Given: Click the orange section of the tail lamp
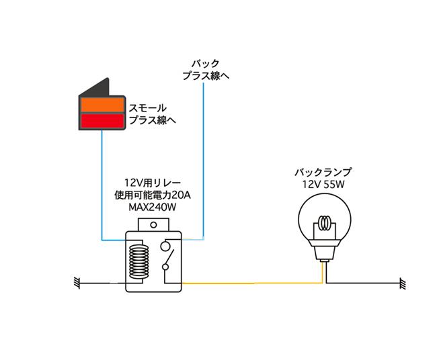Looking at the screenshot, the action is coord(102,105).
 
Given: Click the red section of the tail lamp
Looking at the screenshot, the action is coord(102,120).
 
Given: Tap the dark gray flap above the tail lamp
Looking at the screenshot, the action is coord(95,87).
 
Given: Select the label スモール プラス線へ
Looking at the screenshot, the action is coord(152,114).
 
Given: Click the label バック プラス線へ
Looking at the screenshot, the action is coord(206,70).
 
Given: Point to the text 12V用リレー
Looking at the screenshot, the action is coord(153,183).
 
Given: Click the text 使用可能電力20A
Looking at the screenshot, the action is coord(153,195).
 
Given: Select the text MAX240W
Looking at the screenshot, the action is coord(153,207).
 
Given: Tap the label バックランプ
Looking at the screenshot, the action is coord(323,173).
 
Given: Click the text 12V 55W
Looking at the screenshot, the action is coord(323,184).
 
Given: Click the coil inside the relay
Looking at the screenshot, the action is coord(139,262).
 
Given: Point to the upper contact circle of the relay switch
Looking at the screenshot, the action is coord(165,246).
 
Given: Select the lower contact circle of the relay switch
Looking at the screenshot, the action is coord(165,267).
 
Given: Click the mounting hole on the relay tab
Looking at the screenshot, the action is coord(153,225).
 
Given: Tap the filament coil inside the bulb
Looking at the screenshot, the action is coord(325,223).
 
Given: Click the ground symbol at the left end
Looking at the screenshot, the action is coord(77,283).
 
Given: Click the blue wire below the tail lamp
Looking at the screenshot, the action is coord(102,185).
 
